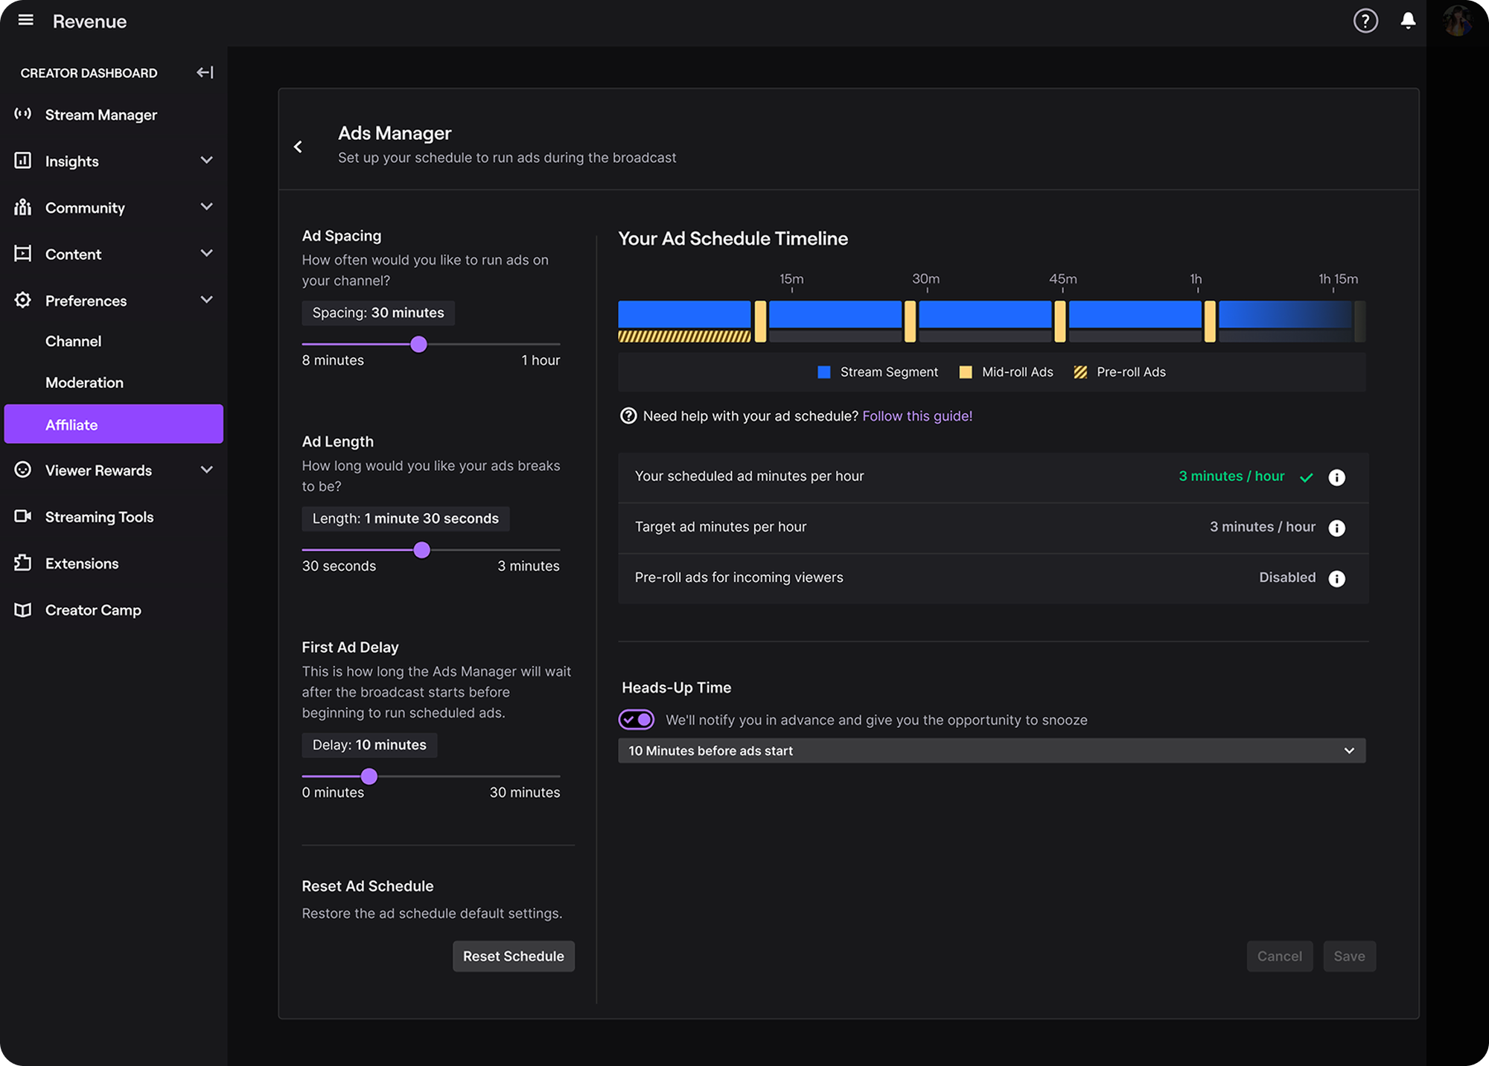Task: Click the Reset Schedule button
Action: (x=513, y=956)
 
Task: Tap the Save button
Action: (x=1349, y=956)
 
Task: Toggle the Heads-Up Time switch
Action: (x=637, y=719)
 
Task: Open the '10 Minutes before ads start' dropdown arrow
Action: (x=1349, y=750)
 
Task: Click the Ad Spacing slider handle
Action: (x=419, y=344)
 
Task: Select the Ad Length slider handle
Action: (x=422, y=549)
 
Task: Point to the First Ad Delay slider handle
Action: (x=369, y=776)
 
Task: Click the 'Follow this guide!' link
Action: (x=917, y=416)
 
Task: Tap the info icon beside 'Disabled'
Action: (x=1337, y=578)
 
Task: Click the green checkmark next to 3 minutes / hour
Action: (x=1307, y=477)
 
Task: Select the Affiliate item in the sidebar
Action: (x=114, y=424)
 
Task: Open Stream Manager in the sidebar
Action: (x=101, y=115)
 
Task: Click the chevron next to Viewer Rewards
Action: (x=207, y=470)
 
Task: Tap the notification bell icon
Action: (x=1408, y=21)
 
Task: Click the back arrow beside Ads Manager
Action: (x=299, y=147)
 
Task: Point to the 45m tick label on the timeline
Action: (x=1062, y=279)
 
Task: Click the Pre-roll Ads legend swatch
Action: (x=1080, y=372)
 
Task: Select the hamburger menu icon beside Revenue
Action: (x=26, y=20)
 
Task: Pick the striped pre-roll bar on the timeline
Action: (x=684, y=336)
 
